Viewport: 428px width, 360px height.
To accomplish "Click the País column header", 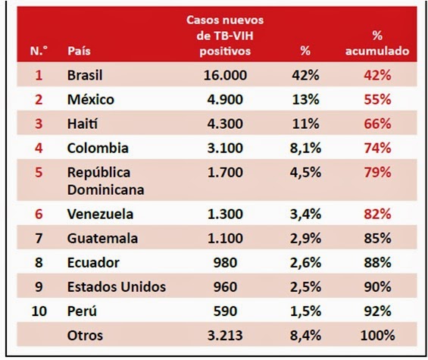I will [x=80, y=53].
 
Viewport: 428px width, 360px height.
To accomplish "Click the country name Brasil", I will [x=86, y=77].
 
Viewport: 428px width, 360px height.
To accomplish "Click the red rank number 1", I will [x=39, y=77].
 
